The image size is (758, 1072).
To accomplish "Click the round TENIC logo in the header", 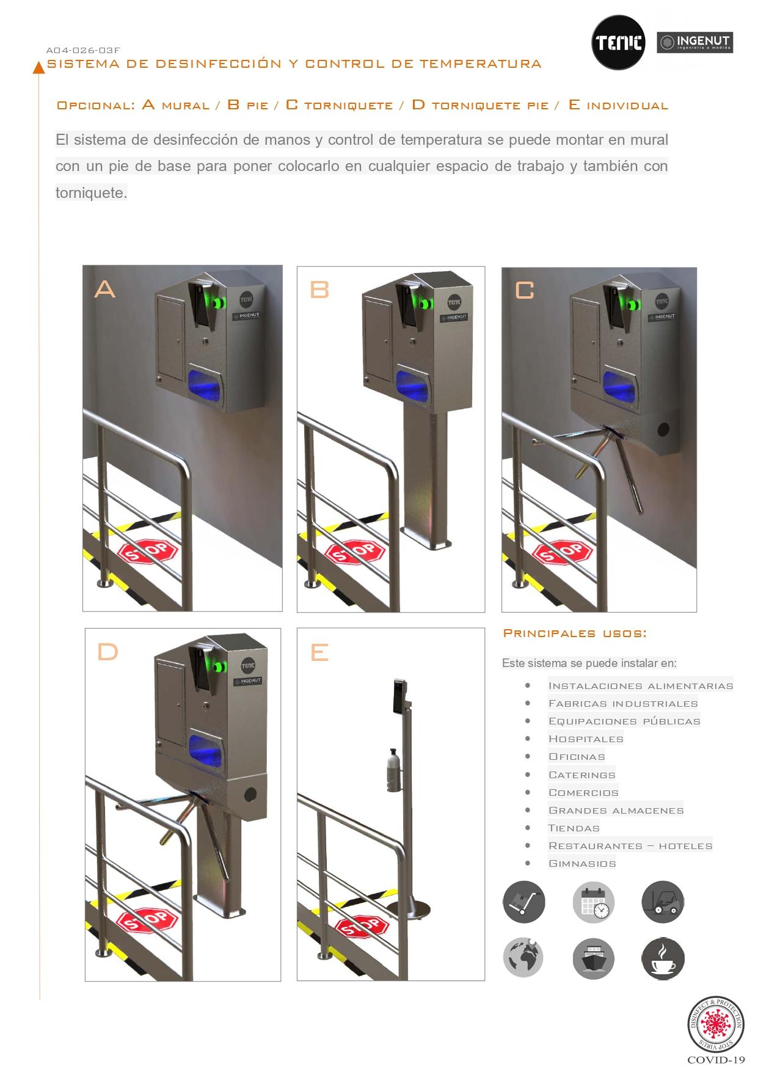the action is click(618, 42).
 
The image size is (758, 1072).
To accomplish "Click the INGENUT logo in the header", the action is click(694, 43).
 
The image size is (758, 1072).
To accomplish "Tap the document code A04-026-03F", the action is click(83, 51).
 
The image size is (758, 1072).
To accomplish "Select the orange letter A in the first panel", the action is click(104, 288).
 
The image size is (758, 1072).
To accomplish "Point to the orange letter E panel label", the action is click(319, 652).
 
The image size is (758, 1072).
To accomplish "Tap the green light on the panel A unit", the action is click(219, 301).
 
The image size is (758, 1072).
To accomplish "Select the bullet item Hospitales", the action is click(586, 739).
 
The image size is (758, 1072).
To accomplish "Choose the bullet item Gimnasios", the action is click(582, 864).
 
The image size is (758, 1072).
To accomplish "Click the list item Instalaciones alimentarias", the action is click(641, 686).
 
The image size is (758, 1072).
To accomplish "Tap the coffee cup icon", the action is click(663, 959).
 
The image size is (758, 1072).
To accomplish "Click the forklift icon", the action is click(663, 902).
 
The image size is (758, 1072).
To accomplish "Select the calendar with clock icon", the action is click(593, 902).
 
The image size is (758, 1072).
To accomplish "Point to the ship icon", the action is click(593, 959).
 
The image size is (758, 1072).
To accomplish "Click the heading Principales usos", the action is click(575, 633).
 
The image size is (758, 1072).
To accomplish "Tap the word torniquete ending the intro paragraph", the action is click(91, 193).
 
